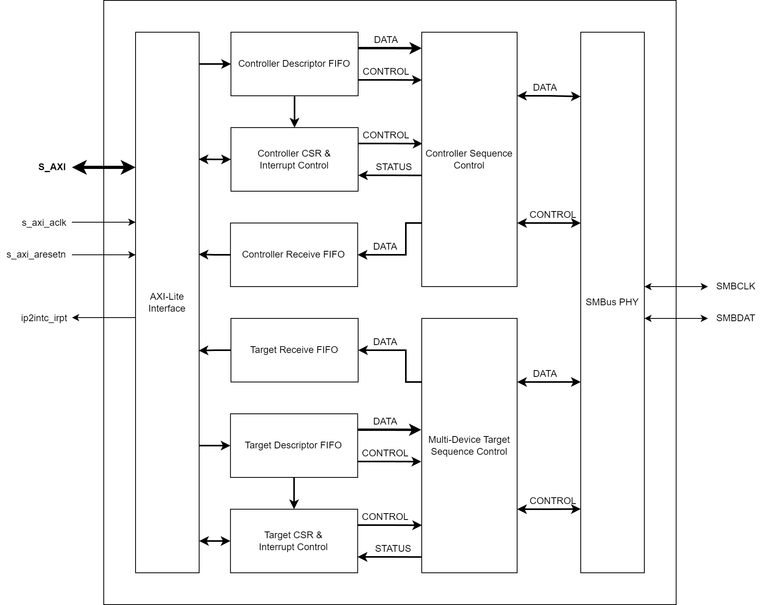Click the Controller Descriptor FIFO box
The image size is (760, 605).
[294, 64]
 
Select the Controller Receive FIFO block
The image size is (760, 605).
[294, 254]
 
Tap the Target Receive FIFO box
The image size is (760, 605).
[294, 350]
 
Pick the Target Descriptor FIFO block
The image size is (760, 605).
[294, 445]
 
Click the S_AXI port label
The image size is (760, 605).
[52, 167]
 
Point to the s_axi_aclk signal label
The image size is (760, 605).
[44, 223]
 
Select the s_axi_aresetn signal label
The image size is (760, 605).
[36, 254]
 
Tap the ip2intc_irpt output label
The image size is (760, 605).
[44, 318]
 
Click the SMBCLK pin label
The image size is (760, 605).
[735, 286]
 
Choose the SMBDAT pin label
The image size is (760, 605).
[735, 318]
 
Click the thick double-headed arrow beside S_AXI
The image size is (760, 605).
[104, 167]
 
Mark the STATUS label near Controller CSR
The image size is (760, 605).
[394, 167]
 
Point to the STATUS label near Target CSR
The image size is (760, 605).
[393, 549]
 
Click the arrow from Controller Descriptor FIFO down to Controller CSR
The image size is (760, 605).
[294, 111]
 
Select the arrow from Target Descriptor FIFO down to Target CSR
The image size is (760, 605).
[294, 493]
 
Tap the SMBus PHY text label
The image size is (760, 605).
[612, 302]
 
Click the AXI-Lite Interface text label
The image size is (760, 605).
[167, 302]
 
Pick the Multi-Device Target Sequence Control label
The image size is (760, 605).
[469, 446]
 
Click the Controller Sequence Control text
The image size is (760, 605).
[469, 159]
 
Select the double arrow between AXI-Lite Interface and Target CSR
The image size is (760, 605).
[215, 541]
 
